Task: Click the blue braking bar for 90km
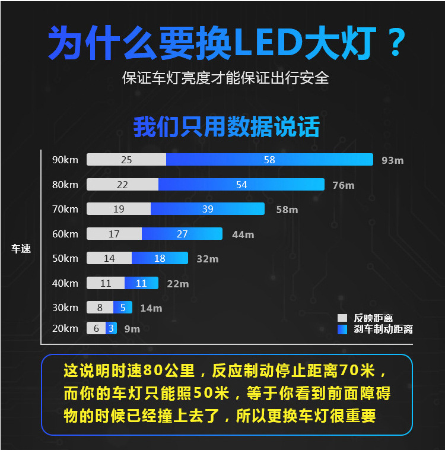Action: (x=269, y=160)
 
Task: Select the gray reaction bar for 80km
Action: (x=122, y=185)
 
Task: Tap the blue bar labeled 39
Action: (x=208, y=209)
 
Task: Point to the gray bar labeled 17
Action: (x=114, y=234)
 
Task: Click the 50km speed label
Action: (x=65, y=258)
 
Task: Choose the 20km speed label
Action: (x=65, y=328)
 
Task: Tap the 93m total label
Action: (x=392, y=160)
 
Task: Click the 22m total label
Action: (x=178, y=284)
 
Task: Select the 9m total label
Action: (x=132, y=329)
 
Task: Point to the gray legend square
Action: (x=342, y=318)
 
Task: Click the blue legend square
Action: (x=342, y=329)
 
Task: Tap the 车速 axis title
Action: (x=21, y=249)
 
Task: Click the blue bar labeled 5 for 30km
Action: (x=123, y=308)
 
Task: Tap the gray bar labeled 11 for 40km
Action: (x=106, y=283)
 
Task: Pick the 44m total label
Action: (x=243, y=234)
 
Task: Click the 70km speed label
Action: (x=65, y=209)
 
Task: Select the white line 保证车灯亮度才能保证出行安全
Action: (x=225, y=78)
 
